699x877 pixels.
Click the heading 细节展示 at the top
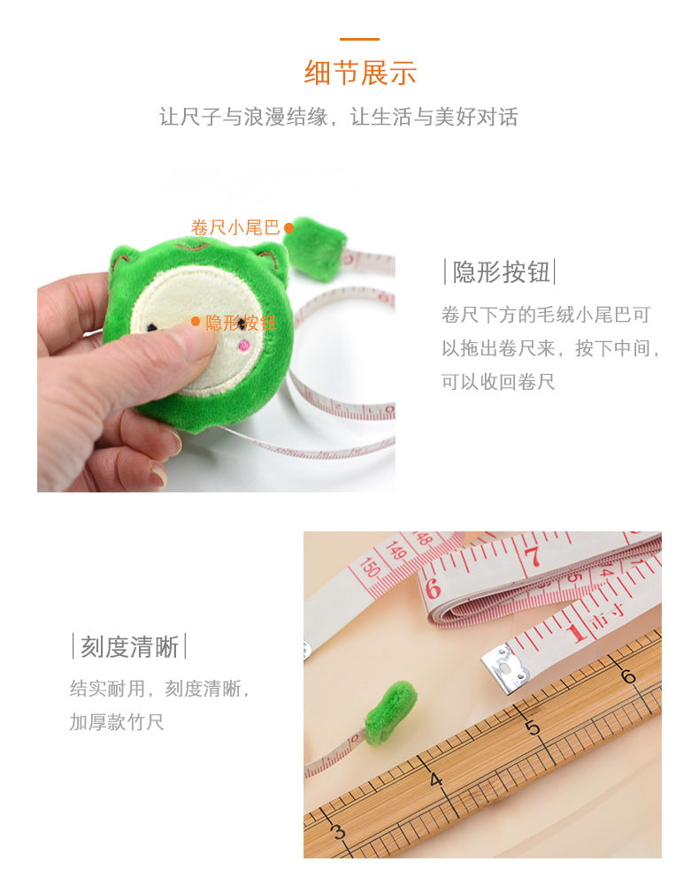pyautogui.click(x=360, y=72)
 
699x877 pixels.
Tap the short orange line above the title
pyautogui.click(x=360, y=39)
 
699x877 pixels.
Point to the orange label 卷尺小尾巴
pyautogui.click(x=235, y=227)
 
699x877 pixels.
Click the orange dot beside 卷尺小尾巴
pyautogui.click(x=288, y=228)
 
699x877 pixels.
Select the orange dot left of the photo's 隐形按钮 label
pyautogui.click(x=196, y=322)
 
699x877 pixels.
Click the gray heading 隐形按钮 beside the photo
pyautogui.click(x=501, y=271)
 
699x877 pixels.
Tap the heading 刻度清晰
pyautogui.click(x=129, y=646)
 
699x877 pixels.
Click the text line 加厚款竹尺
pyautogui.click(x=117, y=721)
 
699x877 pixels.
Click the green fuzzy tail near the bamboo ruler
pyautogui.click(x=390, y=711)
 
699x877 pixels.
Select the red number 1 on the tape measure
pyautogui.click(x=577, y=630)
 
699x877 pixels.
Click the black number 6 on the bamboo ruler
pyautogui.click(x=628, y=676)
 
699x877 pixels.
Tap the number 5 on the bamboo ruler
pyautogui.click(x=533, y=727)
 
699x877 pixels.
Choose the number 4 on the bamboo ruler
pyautogui.click(x=435, y=780)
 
